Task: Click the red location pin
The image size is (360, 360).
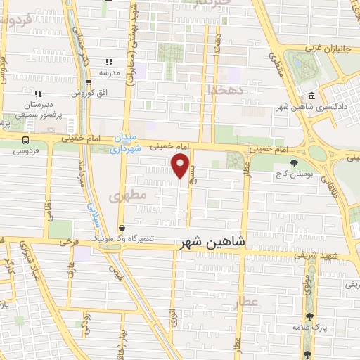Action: point(181,167)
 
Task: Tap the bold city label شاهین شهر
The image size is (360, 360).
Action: point(213,241)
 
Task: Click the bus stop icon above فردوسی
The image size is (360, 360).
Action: point(26,139)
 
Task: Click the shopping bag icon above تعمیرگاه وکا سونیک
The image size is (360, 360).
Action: point(122,229)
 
